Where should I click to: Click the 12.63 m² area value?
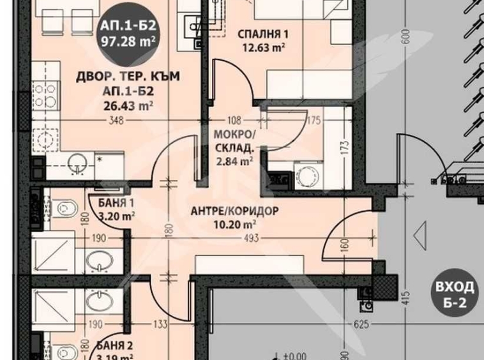262,46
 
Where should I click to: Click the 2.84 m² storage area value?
236,161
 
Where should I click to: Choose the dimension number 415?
404,297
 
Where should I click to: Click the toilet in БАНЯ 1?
64,207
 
